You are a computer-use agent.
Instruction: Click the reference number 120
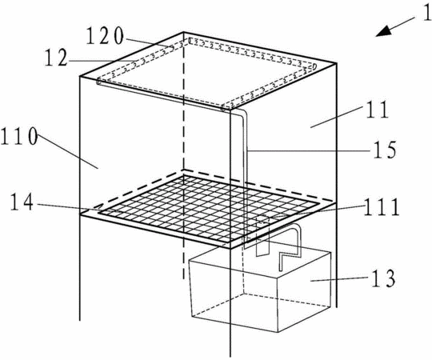click(105, 36)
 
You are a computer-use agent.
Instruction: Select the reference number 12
click(57, 58)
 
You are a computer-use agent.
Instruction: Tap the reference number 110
click(18, 136)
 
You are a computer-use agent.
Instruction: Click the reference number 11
click(377, 110)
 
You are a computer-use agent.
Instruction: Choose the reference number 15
click(385, 150)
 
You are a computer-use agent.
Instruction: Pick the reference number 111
click(382, 207)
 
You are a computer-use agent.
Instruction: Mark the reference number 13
click(383, 278)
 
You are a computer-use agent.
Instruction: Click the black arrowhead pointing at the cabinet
click(384, 31)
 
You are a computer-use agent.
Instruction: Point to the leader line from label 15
click(309, 150)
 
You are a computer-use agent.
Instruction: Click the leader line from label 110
click(68, 151)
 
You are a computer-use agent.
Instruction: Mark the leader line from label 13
click(339, 279)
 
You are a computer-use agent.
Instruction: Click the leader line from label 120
click(150, 42)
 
